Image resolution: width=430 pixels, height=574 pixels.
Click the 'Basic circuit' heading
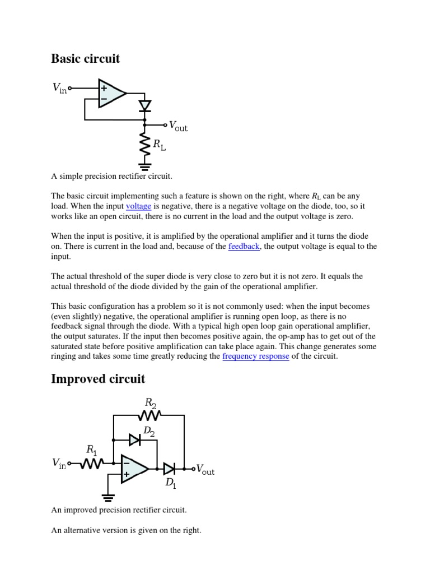click(85, 59)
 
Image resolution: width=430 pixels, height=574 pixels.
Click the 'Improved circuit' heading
click(98, 379)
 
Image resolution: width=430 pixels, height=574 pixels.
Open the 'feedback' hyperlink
click(244, 247)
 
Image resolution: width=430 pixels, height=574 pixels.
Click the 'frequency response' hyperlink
click(256, 357)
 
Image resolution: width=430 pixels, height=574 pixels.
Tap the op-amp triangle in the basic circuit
click(111, 94)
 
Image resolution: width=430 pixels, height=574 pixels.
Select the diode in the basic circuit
click(144, 105)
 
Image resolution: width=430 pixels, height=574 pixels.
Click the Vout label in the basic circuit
click(178, 126)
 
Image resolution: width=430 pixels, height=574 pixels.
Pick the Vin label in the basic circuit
click(59, 88)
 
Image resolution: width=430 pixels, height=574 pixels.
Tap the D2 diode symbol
click(135, 440)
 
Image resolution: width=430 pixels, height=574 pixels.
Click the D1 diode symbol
click(169, 469)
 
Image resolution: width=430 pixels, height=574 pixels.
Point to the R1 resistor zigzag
click(91, 464)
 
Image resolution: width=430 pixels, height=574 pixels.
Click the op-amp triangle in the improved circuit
click(134, 469)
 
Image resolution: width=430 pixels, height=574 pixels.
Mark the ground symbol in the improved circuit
click(108, 497)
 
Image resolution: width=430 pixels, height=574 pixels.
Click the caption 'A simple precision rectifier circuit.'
click(112, 176)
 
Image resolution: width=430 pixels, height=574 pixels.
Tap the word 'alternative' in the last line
click(84, 530)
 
